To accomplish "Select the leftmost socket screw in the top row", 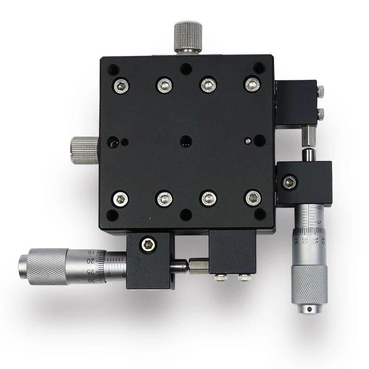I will click(x=121, y=84).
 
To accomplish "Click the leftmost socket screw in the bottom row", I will click(x=120, y=198).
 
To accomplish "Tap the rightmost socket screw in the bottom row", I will click(x=253, y=198).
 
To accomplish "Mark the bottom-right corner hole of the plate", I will click(x=260, y=214).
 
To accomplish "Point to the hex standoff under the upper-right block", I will click(x=308, y=135).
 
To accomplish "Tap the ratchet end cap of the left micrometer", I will click(x=23, y=266).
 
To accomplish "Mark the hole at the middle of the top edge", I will click(x=186, y=69).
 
